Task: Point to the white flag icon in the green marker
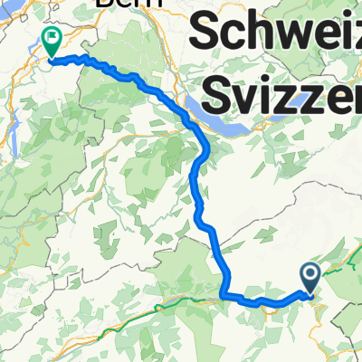point(52,40)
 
